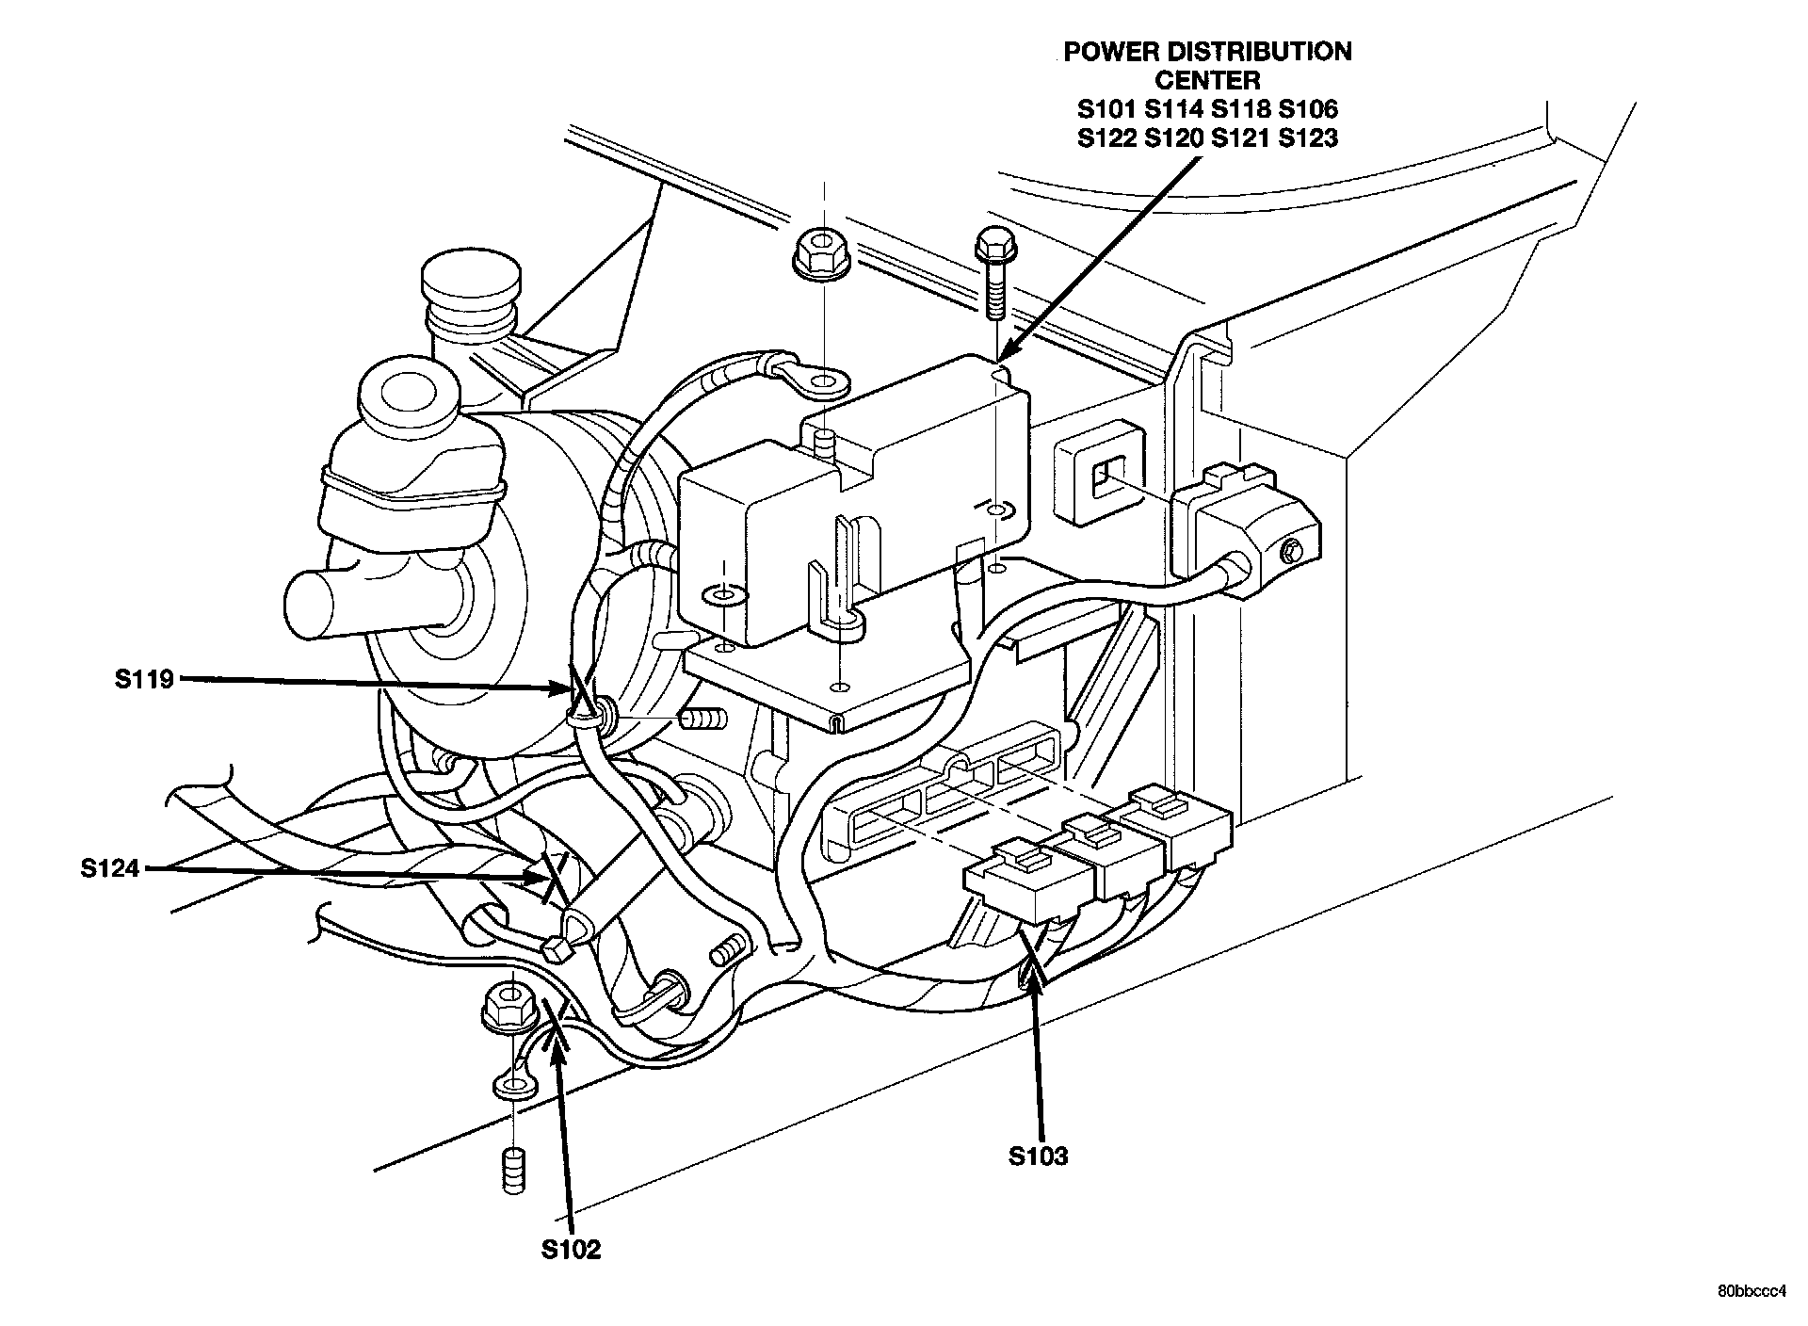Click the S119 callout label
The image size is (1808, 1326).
(x=145, y=679)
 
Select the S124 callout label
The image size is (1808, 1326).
(x=109, y=868)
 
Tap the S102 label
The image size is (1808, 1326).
(x=571, y=1249)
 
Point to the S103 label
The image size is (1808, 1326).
(x=1039, y=1156)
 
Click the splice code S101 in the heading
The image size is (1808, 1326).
(x=1107, y=109)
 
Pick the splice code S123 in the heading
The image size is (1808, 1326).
(x=1308, y=139)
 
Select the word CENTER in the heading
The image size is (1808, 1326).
(x=1207, y=80)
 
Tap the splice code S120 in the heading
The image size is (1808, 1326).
(x=1173, y=139)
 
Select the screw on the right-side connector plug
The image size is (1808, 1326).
(x=1292, y=548)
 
